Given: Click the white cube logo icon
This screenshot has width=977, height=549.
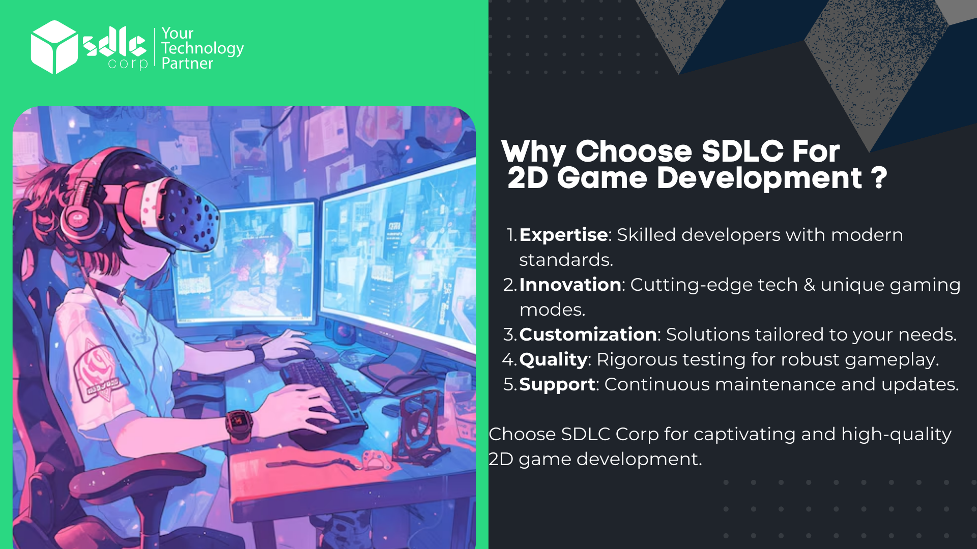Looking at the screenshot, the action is coord(54,47).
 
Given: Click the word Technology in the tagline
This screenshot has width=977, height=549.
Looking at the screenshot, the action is coord(203,49).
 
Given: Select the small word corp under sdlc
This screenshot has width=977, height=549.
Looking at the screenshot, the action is coord(128,64).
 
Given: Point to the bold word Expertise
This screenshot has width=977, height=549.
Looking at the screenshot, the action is coord(563,235).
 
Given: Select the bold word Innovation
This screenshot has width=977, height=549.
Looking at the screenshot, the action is coord(570,285).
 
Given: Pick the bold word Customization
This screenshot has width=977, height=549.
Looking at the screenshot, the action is coord(588,334).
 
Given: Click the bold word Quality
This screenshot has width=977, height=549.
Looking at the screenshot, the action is coord(553,360).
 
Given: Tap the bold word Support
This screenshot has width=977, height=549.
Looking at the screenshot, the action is coord(557,385).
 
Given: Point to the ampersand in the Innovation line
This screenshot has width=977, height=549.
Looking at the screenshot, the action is coord(809,285).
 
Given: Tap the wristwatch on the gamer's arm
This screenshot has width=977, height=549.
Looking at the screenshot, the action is coord(239,424).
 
